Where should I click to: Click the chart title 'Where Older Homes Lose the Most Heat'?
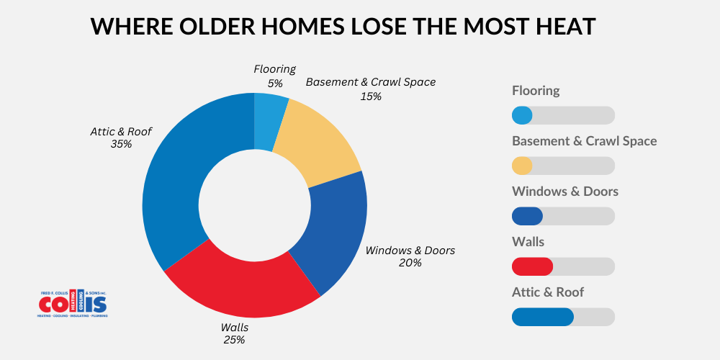343,27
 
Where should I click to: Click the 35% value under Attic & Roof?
121,144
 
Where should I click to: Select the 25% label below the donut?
233,339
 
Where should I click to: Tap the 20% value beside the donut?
410,263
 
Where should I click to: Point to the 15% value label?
371,95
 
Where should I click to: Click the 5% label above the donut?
274,83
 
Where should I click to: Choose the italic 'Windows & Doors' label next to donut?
410,250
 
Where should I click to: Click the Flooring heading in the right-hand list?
536,91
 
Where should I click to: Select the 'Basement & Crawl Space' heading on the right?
584,141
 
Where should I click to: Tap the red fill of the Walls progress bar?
531,266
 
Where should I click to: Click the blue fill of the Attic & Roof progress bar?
542,317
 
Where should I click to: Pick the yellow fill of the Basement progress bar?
522,166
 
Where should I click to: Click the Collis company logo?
73,303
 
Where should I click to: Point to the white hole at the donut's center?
254,205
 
